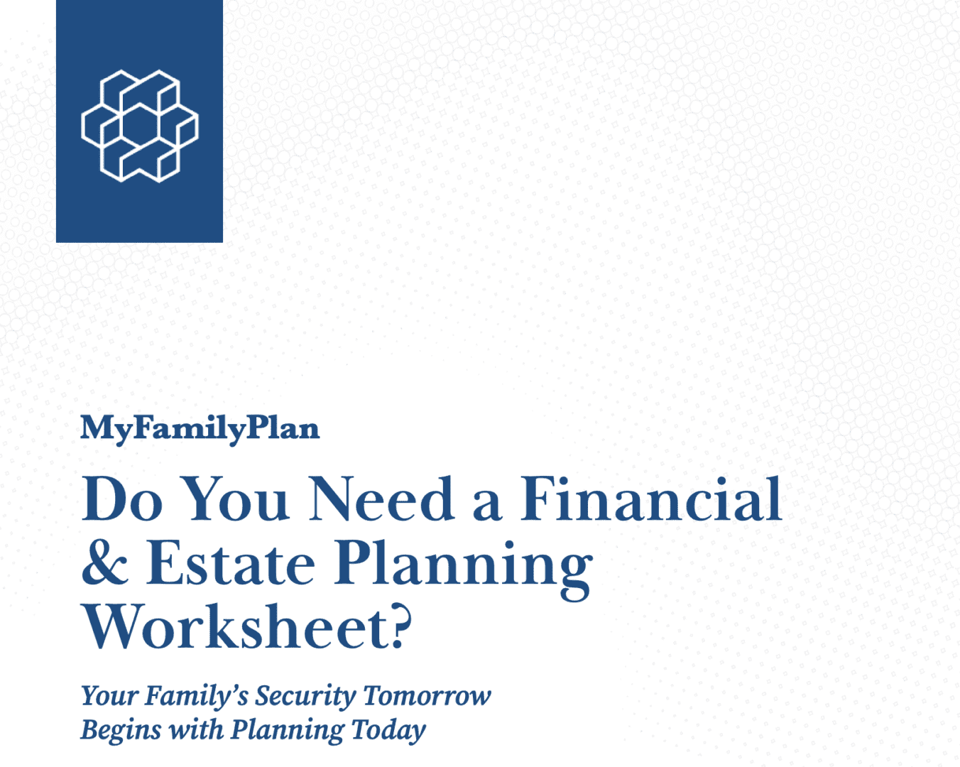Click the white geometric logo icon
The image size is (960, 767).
coord(140,126)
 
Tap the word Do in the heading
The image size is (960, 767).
coord(122,499)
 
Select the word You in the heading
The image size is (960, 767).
coord(236,499)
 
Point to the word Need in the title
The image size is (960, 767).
coord(381,499)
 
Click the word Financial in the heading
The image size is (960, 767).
coord(650,499)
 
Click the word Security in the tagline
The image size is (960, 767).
coord(305,696)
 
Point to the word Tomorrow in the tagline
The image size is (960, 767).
coord(427,696)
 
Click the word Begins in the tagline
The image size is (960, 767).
coord(120,730)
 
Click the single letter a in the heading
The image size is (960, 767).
coord(487,503)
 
